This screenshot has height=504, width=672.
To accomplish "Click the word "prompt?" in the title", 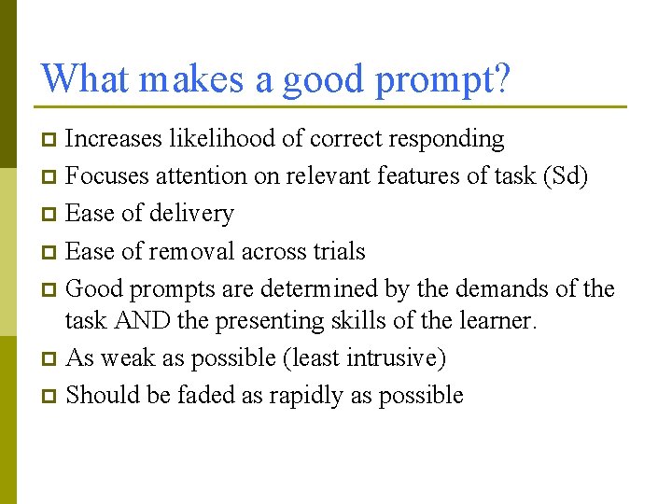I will coord(442,79).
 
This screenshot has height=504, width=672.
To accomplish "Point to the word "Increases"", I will coord(113,139).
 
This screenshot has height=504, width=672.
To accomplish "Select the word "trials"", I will coord(339,251).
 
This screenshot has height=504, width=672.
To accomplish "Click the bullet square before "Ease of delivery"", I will coord(50,215).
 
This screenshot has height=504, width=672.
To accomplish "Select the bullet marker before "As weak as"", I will coord(50,359).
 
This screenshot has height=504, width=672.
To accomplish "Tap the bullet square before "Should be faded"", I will coord(50,397).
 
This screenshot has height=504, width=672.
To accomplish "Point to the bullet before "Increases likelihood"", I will coord(50,140).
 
